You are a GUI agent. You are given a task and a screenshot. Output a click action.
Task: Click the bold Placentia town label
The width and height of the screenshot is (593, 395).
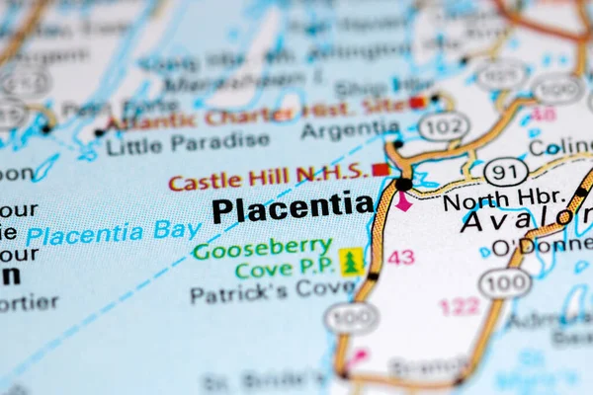click(293, 208)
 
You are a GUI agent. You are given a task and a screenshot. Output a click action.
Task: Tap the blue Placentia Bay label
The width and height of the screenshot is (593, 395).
click(114, 233)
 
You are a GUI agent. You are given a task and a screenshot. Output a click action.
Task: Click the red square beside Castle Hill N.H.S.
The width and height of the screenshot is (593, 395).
click(380, 170)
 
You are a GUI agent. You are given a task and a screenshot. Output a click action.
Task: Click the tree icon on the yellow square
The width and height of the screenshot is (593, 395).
click(351, 262)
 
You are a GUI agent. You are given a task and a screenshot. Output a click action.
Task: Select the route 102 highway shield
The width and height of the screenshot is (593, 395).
click(444, 125)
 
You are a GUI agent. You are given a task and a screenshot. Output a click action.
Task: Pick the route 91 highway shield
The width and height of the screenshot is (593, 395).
click(505, 171)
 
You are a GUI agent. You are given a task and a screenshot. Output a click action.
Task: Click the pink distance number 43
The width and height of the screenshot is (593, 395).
click(400, 257)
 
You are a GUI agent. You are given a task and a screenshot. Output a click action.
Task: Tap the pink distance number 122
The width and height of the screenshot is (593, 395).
click(460, 306)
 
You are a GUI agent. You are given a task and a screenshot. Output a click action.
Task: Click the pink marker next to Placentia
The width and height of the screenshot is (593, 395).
click(403, 201)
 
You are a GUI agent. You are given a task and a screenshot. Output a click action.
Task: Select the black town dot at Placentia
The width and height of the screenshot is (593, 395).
click(403, 184)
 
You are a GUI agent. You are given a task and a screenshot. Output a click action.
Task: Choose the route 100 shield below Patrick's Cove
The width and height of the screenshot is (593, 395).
click(351, 317)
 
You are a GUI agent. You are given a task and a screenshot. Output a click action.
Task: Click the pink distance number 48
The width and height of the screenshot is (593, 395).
click(543, 114)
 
